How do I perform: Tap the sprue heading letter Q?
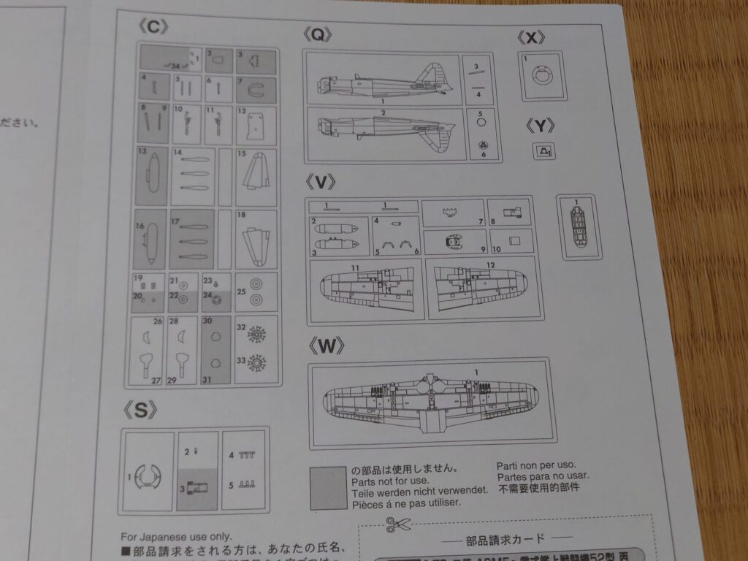[318, 34]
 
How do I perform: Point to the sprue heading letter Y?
[540, 126]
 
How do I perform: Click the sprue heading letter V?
[321, 181]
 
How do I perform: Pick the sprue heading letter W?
[326, 346]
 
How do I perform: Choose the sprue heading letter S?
[141, 411]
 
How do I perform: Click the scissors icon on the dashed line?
[399, 524]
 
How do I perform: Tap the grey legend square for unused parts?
[328, 488]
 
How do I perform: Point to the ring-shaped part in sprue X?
[541, 75]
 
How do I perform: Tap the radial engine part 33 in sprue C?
[256, 362]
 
